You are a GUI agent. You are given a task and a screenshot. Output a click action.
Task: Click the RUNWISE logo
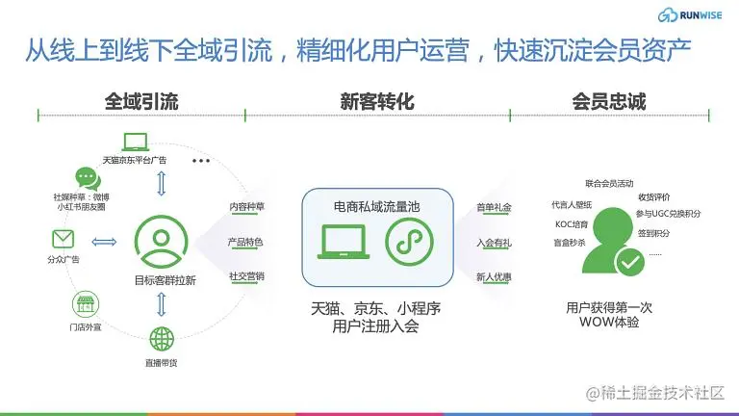pos(690,15)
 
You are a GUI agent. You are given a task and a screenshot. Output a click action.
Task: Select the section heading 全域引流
pos(141,101)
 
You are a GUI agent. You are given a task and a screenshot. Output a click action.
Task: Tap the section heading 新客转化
pos(377,101)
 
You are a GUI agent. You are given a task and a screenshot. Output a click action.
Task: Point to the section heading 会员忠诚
pos(609,101)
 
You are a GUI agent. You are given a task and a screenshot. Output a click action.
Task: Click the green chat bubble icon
pos(88,179)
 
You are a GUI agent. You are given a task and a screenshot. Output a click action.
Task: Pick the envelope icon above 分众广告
pos(64,239)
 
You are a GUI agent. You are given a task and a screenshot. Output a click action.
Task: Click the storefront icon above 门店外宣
pos(86,304)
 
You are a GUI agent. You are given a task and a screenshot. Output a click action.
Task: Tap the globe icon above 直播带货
pos(162,339)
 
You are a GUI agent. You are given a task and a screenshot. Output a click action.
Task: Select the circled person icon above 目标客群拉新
pos(162,242)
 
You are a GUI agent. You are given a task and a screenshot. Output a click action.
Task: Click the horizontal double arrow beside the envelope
pos(104,242)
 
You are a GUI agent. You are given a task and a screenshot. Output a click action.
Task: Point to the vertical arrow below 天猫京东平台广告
pos(162,184)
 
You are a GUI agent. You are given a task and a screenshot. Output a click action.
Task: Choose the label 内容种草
pos(246,207)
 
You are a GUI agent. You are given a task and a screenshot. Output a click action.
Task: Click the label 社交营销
pos(246,276)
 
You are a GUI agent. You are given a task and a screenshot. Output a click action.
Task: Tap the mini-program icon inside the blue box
pos(409,242)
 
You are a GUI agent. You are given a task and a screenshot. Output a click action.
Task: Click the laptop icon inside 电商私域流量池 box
pos(344,242)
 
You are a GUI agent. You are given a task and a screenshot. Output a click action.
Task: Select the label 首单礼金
pos(494,207)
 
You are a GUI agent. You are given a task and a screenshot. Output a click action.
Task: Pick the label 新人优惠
pos(494,277)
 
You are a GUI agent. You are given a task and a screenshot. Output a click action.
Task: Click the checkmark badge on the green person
pos(630,262)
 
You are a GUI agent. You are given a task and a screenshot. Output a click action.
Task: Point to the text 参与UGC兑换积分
pos(669,214)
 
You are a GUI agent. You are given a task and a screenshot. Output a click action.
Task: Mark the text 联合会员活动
pos(609,184)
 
